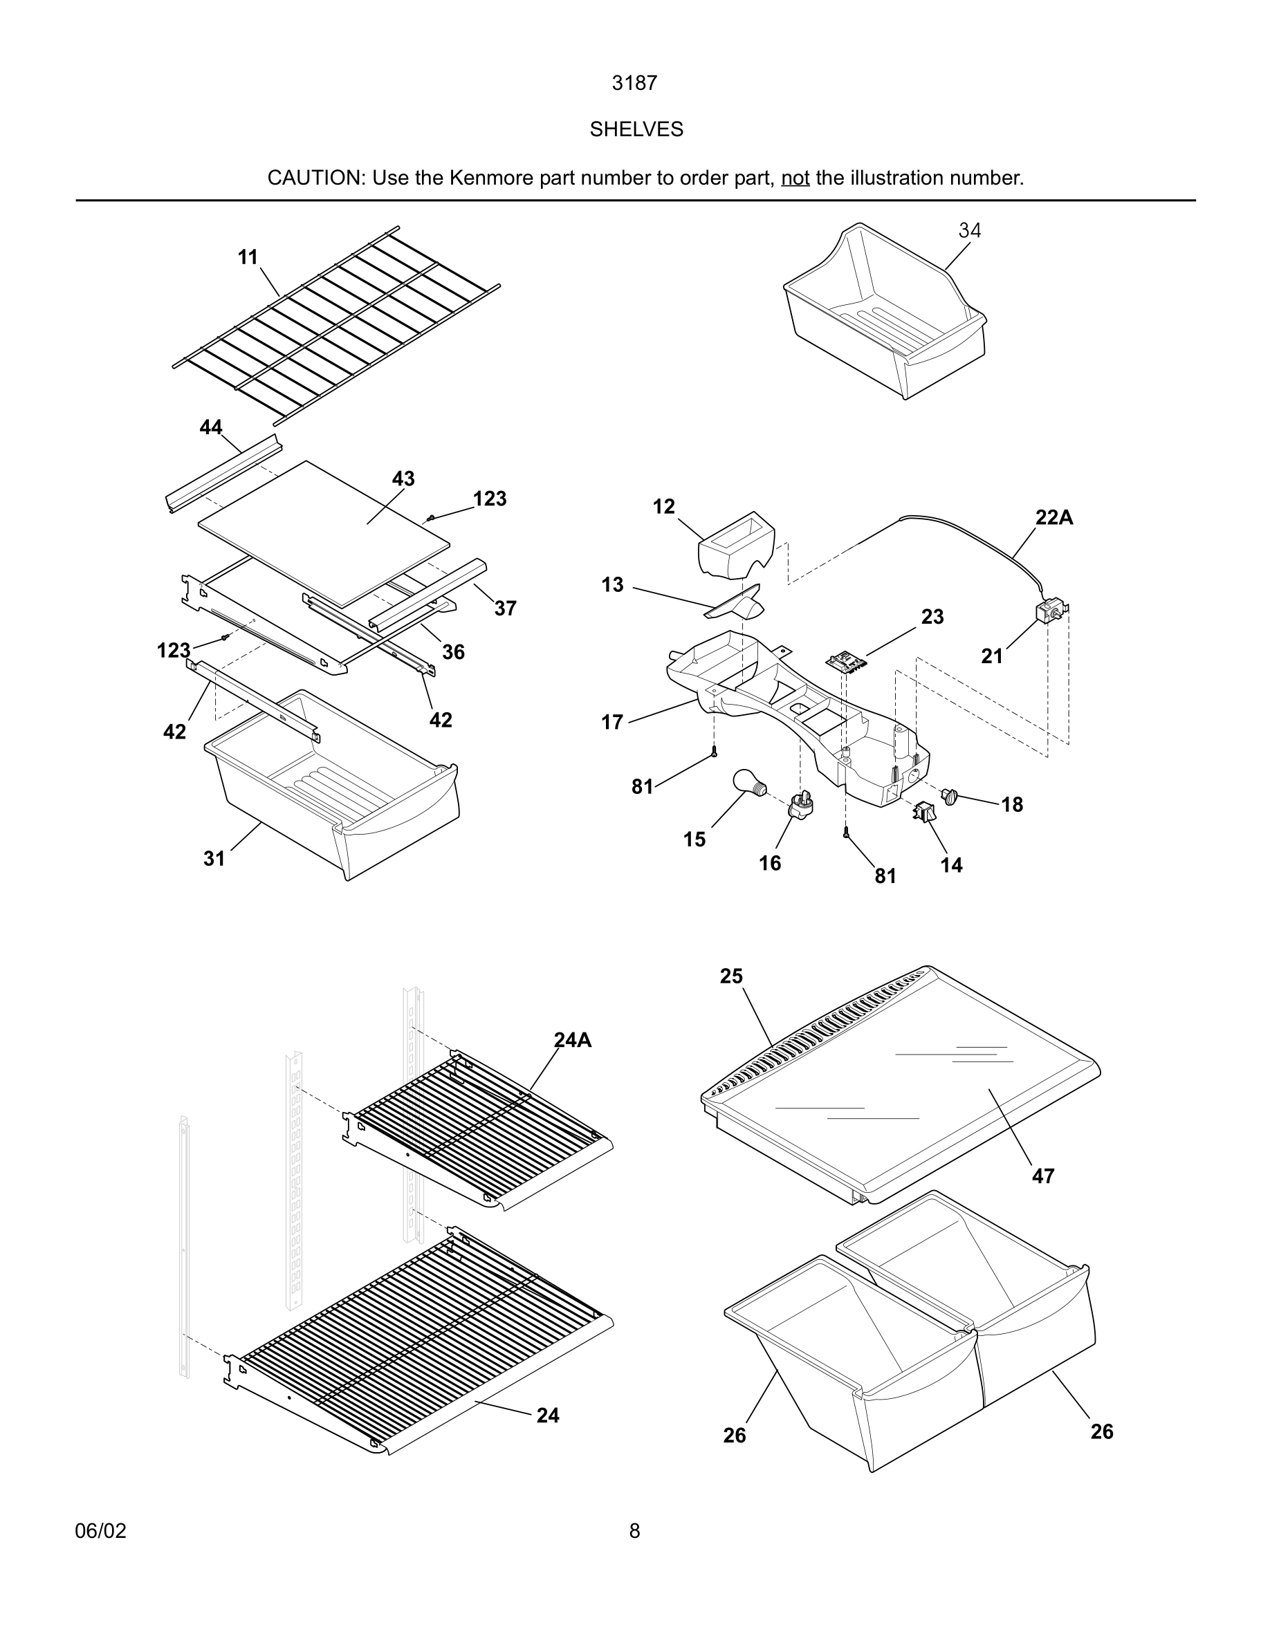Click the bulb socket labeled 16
800,806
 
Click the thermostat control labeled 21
1051,611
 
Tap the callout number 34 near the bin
969,231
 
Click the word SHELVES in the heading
636,129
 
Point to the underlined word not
795,178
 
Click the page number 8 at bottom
634,1531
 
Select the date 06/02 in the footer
101,1531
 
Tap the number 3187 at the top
634,84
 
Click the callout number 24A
573,1041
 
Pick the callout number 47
1043,1176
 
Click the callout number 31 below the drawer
214,858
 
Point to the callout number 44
211,427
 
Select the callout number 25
730,976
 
